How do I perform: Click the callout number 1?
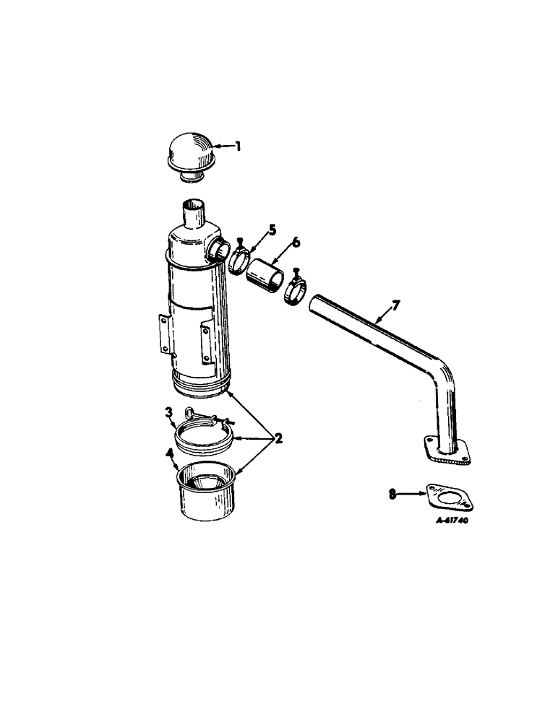239,147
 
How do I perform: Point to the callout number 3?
168,413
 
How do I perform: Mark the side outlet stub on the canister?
216,250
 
